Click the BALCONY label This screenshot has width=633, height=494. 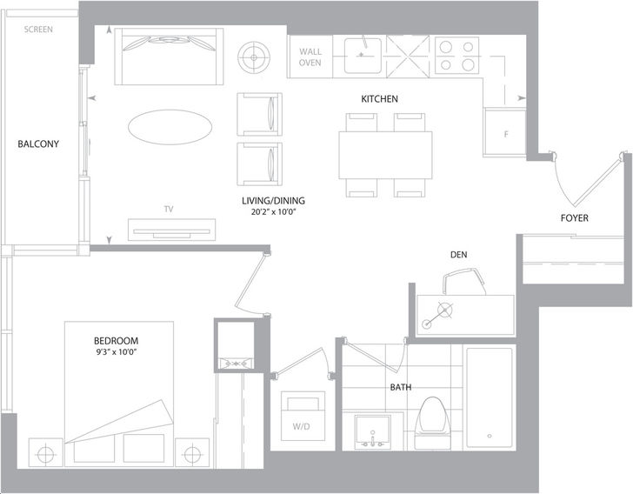(38, 144)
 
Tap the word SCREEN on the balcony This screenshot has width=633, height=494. (38, 30)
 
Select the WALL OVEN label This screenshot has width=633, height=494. (310, 57)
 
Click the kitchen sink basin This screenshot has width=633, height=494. (363, 56)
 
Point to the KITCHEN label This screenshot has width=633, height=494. (379, 99)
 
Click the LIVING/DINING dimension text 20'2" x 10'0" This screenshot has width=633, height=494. (274, 211)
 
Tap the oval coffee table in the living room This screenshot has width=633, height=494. (170, 127)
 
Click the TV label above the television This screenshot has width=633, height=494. (169, 209)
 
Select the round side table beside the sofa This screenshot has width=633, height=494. (254, 57)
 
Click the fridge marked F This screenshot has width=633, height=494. (505, 132)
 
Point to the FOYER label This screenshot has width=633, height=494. (575, 218)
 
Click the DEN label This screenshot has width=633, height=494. (458, 255)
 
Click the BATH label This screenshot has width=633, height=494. (401, 387)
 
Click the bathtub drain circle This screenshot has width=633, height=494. (490, 437)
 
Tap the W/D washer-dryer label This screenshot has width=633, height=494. (301, 426)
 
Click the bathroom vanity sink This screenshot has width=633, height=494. (373, 431)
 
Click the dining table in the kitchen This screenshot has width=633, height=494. (385, 155)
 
